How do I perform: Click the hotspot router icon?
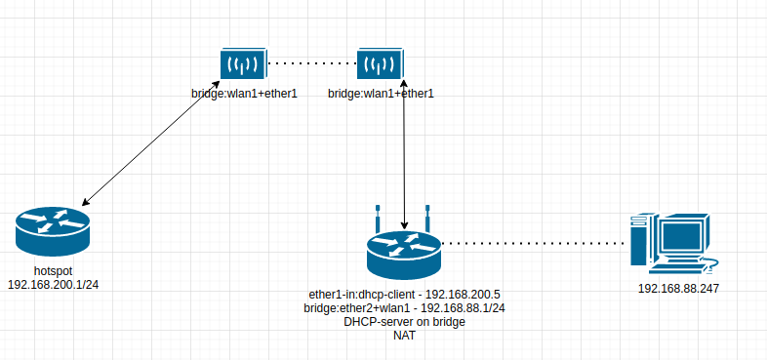[53, 232]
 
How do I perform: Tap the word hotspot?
[54, 270]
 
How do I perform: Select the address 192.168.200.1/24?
[54, 284]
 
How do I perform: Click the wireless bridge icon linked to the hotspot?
[244, 63]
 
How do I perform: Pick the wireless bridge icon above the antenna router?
[380, 63]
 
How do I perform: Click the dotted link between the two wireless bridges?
[312, 63]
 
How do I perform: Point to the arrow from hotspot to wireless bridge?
[150, 140]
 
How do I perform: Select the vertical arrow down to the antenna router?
[404, 154]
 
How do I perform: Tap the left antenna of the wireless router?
[378, 219]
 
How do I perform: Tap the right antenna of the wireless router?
[427, 219]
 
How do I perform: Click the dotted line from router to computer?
[533, 243]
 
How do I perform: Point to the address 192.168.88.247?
[678, 289]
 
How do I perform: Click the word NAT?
[404, 336]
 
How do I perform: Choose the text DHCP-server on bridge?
[404, 322]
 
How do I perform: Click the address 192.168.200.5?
[463, 295]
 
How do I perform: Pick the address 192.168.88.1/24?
[463, 308]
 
